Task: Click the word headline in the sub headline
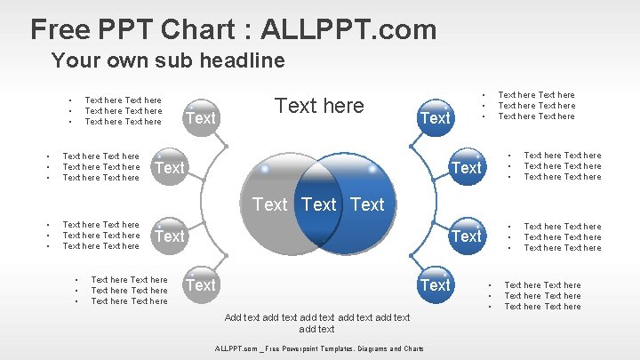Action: pyautogui.click(x=241, y=61)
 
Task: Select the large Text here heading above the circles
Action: pyautogui.click(x=319, y=106)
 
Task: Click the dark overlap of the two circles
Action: pyautogui.click(x=319, y=204)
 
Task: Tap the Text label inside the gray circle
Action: pyautogui.click(x=270, y=204)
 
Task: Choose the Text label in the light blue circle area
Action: pyautogui.click(x=367, y=204)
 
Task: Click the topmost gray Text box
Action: pyautogui.click(x=200, y=117)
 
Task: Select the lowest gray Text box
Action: pyautogui.click(x=200, y=284)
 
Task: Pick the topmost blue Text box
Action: pyautogui.click(x=435, y=117)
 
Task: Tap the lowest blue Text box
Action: pyautogui.click(x=435, y=284)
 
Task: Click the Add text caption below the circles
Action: pyautogui.click(x=317, y=323)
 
